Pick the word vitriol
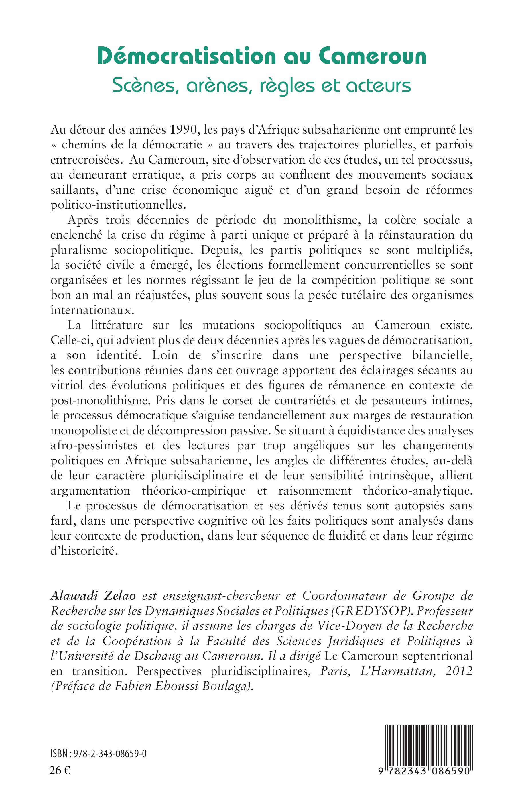[67, 385]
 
